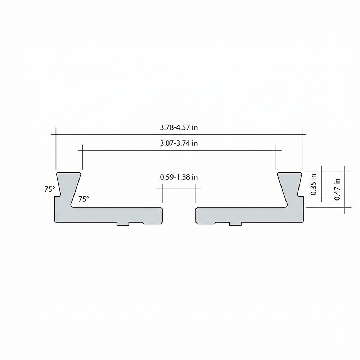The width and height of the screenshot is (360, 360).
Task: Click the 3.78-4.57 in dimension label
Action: (179, 127)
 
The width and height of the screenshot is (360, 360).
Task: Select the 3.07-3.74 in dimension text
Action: (179, 143)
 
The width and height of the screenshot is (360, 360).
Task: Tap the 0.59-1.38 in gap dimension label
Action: (179, 177)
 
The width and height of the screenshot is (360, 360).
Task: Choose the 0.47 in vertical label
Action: (337, 189)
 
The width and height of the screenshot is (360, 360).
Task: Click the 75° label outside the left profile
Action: (50, 189)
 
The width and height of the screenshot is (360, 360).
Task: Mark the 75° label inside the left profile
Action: (84, 199)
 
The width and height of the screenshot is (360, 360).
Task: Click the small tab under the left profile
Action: (123, 224)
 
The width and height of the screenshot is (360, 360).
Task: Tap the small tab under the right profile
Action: (235, 224)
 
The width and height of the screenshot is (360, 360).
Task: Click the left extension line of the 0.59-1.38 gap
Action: (163, 194)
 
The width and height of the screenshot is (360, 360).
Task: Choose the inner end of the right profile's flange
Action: (195, 215)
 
